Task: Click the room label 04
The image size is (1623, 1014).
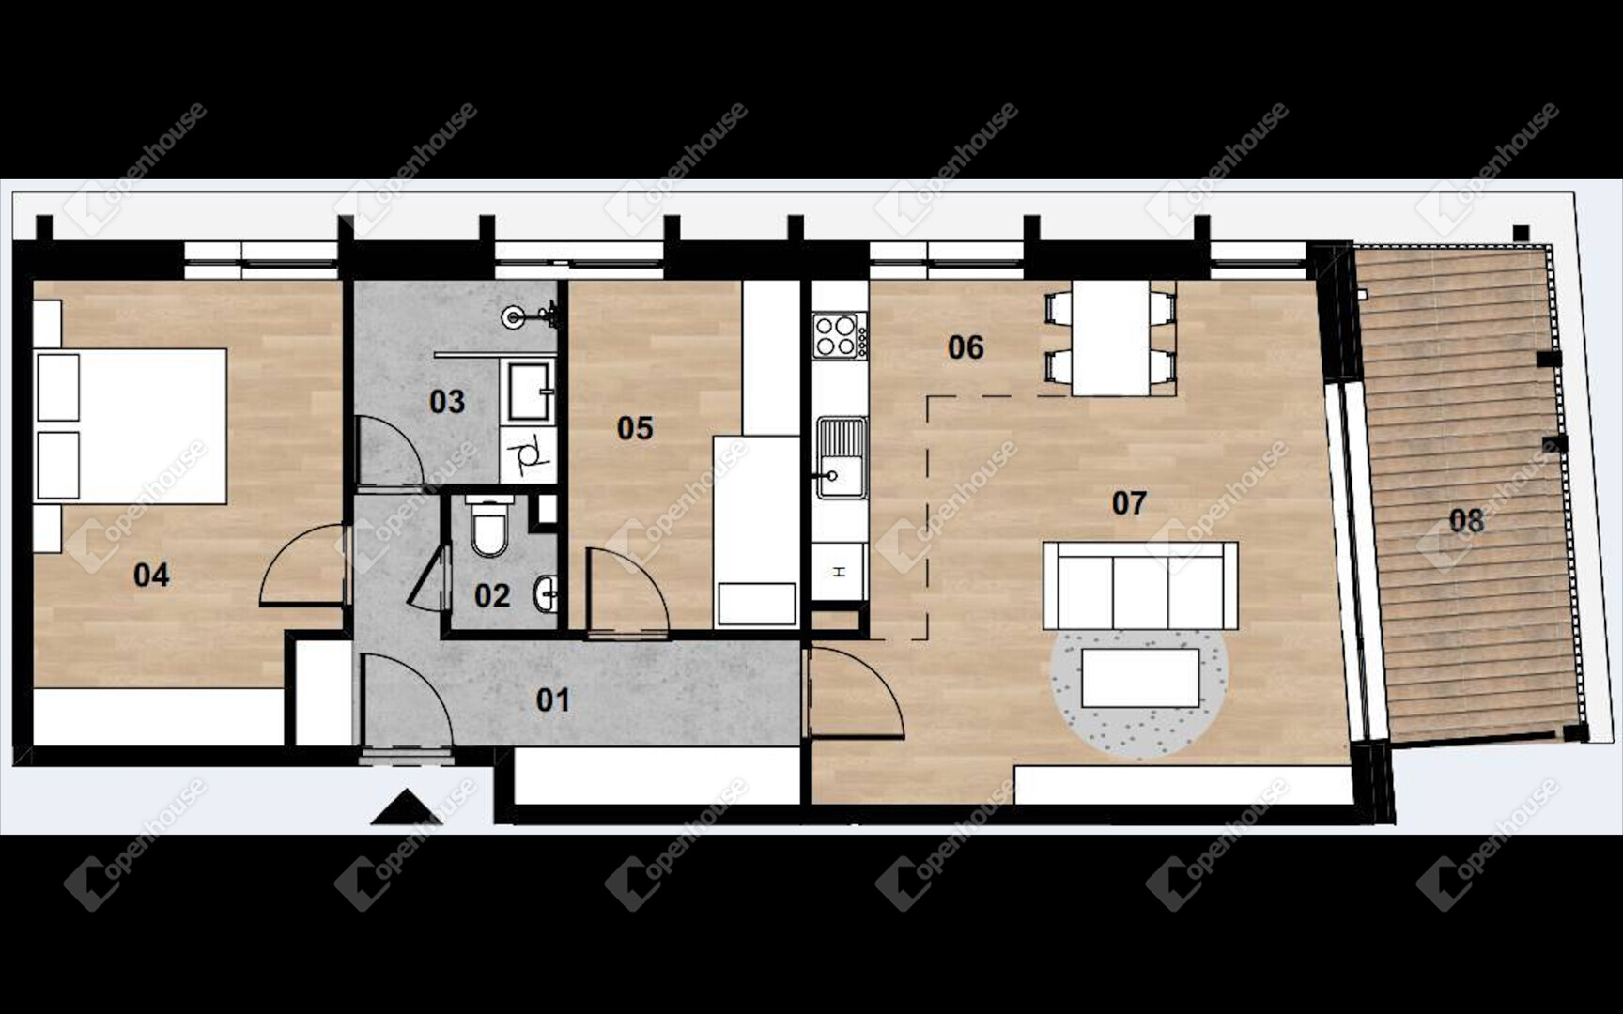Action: coord(151,575)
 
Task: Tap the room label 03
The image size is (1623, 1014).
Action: coord(447,402)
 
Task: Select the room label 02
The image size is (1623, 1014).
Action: coord(492,595)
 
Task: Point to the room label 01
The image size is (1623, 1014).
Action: coord(553,699)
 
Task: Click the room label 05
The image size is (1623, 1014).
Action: coord(635,428)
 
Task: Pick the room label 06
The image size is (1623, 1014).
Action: coord(966,347)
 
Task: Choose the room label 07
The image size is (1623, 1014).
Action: coord(1129,503)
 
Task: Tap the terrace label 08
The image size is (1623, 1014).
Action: coord(1466,520)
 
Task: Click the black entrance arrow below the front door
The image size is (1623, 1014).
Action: coord(407,807)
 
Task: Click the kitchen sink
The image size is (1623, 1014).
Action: coord(841,457)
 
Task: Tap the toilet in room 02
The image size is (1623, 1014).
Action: coord(490,527)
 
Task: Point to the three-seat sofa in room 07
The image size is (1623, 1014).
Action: coord(1140,586)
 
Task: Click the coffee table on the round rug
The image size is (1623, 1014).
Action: coord(1140,678)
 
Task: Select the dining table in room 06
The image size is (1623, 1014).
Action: coord(1111,338)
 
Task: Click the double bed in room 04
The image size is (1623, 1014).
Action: coord(131,426)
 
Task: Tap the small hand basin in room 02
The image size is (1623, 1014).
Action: coord(546,593)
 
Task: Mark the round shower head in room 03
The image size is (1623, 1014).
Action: coord(513,316)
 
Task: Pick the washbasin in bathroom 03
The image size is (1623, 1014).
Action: coord(530,391)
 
